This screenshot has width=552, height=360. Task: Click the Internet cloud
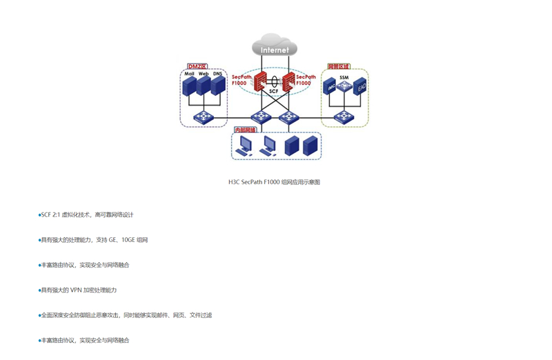tap(274, 47)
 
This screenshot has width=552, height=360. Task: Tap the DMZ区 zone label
tap(197, 67)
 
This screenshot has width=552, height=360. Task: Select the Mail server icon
tap(188, 86)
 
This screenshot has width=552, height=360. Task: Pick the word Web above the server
tap(204, 73)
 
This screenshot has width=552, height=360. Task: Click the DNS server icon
tap(218, 86)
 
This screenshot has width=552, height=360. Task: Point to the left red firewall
tap(262, 83)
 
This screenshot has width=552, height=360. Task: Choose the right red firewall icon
tap(288, 83)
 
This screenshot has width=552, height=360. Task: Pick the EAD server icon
tap(360, 88)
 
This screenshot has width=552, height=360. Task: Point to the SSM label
tap(344, 77)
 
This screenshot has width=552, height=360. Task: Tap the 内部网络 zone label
tap(245, 130)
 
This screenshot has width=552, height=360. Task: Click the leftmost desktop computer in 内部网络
tap(245, 146)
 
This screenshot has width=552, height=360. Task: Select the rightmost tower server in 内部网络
tap(310, 146)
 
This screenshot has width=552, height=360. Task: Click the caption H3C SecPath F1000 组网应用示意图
tap(274, 182)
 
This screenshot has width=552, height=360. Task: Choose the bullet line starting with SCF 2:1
tap(87, 215)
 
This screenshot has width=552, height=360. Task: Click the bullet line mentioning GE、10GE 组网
tap(94, 240)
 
